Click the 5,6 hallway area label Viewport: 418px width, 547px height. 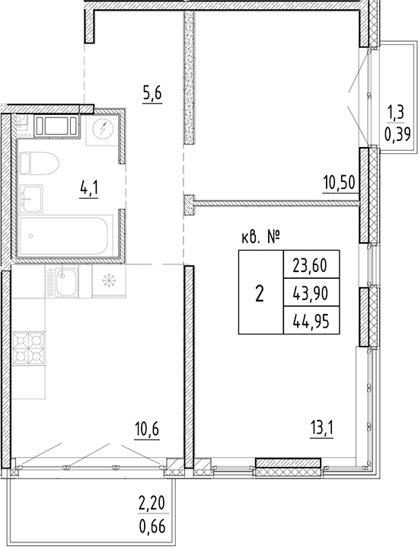(152, 94)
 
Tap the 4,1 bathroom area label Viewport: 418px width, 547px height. (89, 190)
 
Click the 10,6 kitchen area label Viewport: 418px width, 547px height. (147, 430)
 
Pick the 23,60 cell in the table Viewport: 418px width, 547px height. (310, 267)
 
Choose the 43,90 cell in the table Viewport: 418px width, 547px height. (310, 294)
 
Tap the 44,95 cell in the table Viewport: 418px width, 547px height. (311, 321)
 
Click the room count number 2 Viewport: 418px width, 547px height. (260, 294)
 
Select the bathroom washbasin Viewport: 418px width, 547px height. (30, 198)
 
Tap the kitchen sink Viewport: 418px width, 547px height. (66, 282)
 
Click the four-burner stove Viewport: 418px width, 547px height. (29, 348)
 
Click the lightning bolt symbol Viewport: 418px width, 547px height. (103, 130)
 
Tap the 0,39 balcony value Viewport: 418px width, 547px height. (397, 133)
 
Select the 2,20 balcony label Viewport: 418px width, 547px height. (153, 504)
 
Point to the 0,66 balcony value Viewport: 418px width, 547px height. (152, 527)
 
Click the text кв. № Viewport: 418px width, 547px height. (260, 238)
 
